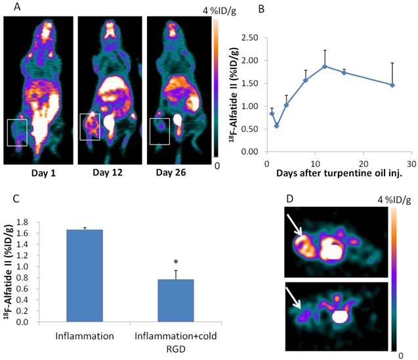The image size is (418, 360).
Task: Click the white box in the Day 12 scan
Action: tap(90, 127)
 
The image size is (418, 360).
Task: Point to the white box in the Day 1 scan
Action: tap(17, 132)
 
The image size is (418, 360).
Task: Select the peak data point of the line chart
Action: tap(324, 66)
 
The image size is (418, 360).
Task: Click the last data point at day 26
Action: tap(392, 85)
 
